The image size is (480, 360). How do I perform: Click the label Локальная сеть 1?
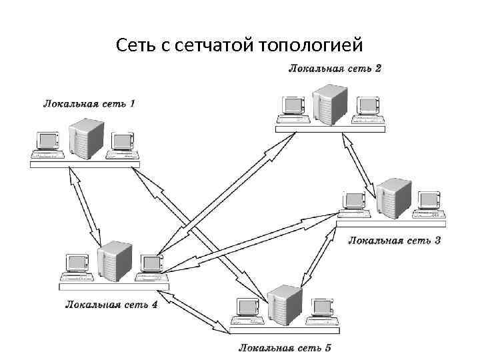tap(89, 104)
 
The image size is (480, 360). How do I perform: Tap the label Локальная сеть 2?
tap(335, 69)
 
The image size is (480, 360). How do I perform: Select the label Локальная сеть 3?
tap(394, 240)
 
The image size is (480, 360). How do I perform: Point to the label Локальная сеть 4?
tap(111, 304)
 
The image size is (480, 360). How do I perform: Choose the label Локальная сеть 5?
tap(285, 348)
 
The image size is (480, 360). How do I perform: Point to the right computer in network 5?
tap(323, 310)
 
